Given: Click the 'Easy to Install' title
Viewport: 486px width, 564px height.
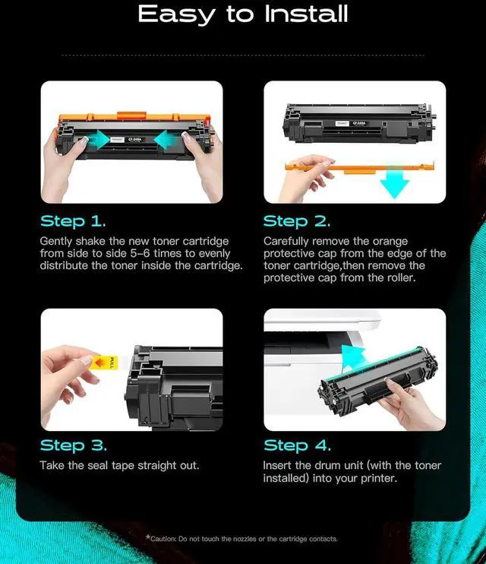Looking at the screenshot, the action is pyautogui.click(x=243, y=14).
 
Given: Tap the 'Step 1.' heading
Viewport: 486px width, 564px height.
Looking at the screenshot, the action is pyautogui.click(x=73, y=221).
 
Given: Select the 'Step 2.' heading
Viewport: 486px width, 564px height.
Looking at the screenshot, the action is pyautogui.click(x=297, y=221).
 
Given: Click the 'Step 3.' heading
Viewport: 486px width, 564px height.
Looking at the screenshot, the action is pyautogui.click(x=74, y=445).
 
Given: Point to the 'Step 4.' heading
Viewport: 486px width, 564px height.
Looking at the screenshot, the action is pyautogui.click(x=297, y=445).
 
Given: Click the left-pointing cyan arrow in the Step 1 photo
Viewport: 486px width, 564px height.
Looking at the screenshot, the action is pyautogui.click(x=168, y=140).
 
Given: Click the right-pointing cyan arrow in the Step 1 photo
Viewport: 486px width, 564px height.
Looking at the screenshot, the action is pyautogui.click(x=97, y=140).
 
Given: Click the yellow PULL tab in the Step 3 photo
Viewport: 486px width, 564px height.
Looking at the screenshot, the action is pyautogui.click(x=103, y=363).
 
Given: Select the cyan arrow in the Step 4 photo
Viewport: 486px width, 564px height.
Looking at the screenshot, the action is pyautogui.click(x=353, y=357).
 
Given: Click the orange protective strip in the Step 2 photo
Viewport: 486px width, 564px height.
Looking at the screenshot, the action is pyautogui.click(x=359, y=167).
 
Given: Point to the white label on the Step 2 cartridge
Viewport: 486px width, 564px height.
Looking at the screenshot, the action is pyautogui.click(x=342, y=123).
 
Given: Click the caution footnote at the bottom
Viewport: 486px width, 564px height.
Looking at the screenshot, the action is pyautogui.click(x=241, y=538).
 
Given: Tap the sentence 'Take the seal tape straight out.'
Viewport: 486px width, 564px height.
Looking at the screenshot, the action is pyautogui.click(x=119, y=465).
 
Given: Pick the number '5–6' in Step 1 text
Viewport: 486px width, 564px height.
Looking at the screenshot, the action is pyautogui.click(x=140, y=253).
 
